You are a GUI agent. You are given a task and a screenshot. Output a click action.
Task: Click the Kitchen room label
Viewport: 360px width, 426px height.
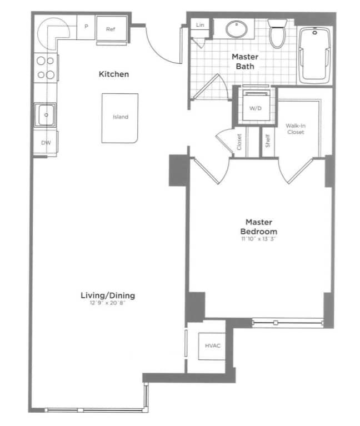pyautogui.click(x=113, y=74)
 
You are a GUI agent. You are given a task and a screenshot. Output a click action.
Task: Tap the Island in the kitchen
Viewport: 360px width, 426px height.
pyautogui.click(x=120, y=118)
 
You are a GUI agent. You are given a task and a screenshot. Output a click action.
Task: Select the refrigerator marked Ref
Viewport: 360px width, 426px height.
pyautogui.click(x=111, y=29)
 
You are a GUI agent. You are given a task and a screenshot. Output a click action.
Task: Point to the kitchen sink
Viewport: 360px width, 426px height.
pyautogui.click(x=45, y=116)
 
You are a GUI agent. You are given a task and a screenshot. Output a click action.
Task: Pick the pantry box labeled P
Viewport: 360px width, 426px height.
pyautogui.click(x=86, y=27)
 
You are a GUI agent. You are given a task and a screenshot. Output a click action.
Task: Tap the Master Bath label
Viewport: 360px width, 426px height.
pyautogui.click(x=243, y=62)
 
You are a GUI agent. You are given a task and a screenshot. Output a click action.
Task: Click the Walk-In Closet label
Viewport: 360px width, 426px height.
pyautogui.click(x=296, y=129)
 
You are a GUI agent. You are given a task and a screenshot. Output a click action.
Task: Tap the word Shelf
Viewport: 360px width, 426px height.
pyautogui.click(x=267, y=142)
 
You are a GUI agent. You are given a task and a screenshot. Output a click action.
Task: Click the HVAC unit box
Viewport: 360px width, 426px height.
pyautogui.click(x=212, y=346)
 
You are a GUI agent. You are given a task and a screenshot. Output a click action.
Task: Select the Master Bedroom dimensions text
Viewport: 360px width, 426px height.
pyautogui.click(x=258, y=239)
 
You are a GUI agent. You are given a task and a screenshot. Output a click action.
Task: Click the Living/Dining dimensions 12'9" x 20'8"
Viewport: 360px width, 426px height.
pyautogui.click(x=108, y=303)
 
